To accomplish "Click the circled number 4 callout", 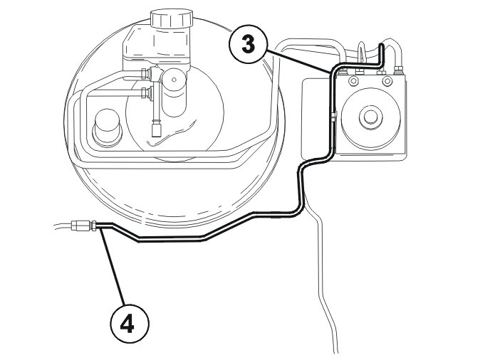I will click(x=129, y=323).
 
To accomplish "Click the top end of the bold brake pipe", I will click(x=381, y=46).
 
